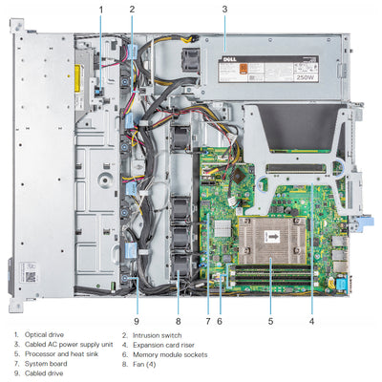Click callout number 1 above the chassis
pyautogui.click(x=99, y=9)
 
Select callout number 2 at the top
pyautogui.click(x=132, y=9)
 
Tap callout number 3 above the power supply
pyautogui.click(x=224, y=9)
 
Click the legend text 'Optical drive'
pyautogui.click(x=44, y=335)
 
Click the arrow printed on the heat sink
pyautogui.click(x=273, y=231)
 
